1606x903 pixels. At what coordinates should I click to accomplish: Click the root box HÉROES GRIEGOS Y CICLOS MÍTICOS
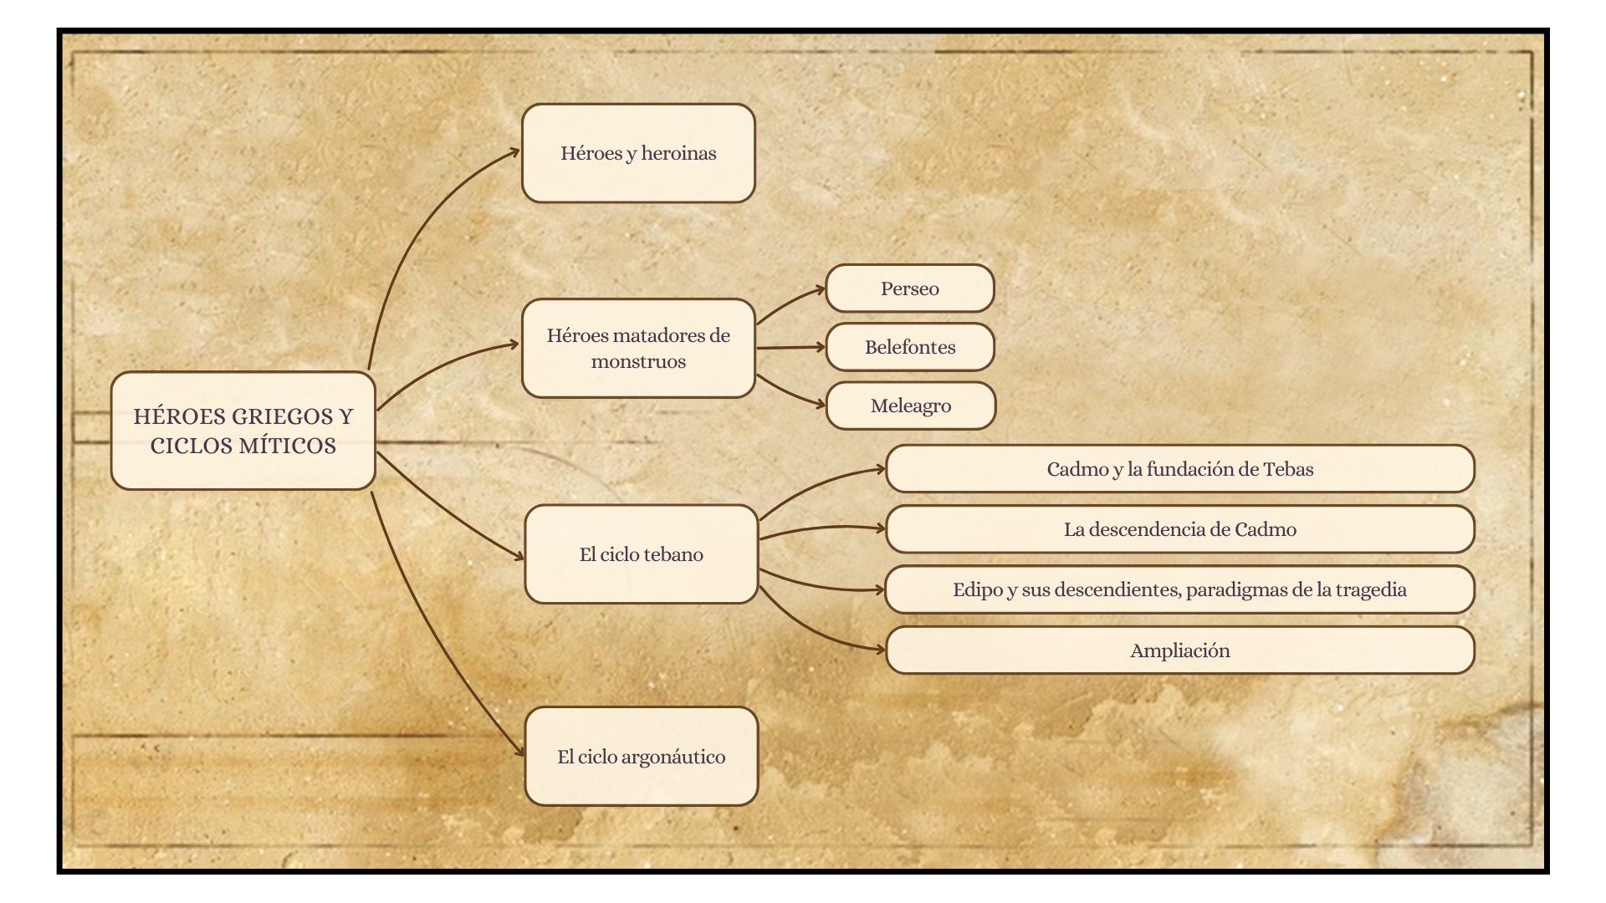click(x=243, y=431)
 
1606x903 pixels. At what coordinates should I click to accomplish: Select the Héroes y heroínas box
click(x=638, y=153)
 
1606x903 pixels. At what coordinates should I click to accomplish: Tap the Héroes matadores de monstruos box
click(x=638, y=348)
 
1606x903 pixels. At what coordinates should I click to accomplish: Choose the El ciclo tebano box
click(x=641, y=554)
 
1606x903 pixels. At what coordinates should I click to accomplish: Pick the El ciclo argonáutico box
click(x=641, y=757)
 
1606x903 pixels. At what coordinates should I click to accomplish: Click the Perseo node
click(x=909, y=288)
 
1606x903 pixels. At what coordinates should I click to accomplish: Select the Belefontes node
click(x=909, y=347)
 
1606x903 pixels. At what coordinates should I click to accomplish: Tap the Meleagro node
click(x=910, y=406)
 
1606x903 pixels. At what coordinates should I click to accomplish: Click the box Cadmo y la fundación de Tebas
click(x=1179, y=469)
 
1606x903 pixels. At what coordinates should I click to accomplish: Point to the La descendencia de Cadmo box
click(x=1179, y=529)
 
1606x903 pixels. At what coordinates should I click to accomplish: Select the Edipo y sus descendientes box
click(x=1179, y=589)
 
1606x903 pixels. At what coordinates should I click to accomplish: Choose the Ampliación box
click(x=1179, y=650)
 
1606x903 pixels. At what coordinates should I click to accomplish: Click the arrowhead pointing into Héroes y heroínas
click(x=514, y=152)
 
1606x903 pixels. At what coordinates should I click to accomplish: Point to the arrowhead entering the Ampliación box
click(x=880, y=649)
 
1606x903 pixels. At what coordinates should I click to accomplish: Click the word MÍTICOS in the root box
click(x=285, y=446)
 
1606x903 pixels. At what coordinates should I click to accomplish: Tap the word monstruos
click(x=638, y=361)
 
